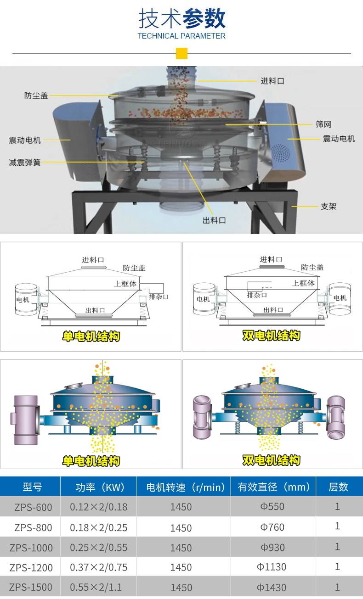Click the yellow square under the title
[x=181, y=54]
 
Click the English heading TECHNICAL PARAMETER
[x=181, y=36]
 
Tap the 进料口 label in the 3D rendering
[x=272, y=81]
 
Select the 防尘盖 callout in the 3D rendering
[x=36, y=95]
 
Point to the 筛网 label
[x=323, y=124]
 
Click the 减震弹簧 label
[x=25, y=162]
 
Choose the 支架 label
[x=329, y=206]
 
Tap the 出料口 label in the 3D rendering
[x=214, y=220]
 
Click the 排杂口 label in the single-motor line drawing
[x=159, y=297]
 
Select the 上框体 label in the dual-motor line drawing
[x=303, y=283]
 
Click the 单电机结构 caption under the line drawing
[x=91, y=336]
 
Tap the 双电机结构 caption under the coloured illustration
[x=271, y=460]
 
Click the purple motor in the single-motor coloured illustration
[x=25, y=420]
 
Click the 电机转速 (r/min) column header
[x=185, y=487]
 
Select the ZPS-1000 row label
[x=31, y=548]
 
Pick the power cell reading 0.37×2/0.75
[x=98, y=567]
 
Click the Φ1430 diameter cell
[x=272, y=588]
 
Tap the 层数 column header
[x=338, y=487]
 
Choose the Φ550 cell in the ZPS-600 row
[x=272, y=506]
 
